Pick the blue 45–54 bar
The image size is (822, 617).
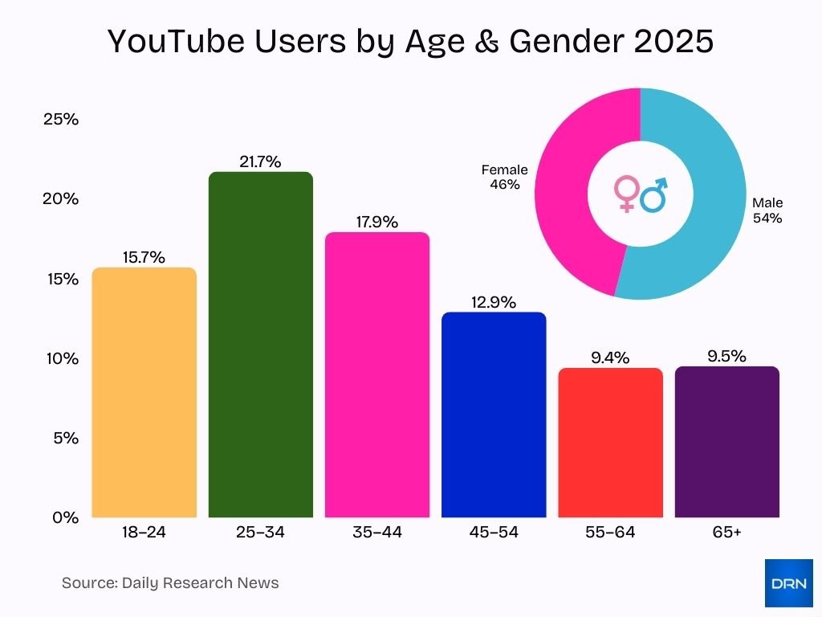(494, 415)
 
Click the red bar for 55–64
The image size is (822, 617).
(610, 442)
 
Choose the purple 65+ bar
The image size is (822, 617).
(726, 442)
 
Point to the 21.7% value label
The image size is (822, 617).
(260, 161)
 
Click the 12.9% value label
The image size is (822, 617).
(494, 302)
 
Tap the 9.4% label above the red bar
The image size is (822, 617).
(610, 358)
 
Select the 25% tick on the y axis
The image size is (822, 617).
(61, 120)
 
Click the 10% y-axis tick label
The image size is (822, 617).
(61, 358)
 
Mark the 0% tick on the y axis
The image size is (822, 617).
(64, 517)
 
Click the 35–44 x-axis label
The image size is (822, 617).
(376, 532)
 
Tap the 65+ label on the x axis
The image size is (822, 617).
(726, 532)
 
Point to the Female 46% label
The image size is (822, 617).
(504, 177)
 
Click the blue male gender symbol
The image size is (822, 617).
(655, 194)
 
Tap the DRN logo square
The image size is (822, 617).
(788, 582)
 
